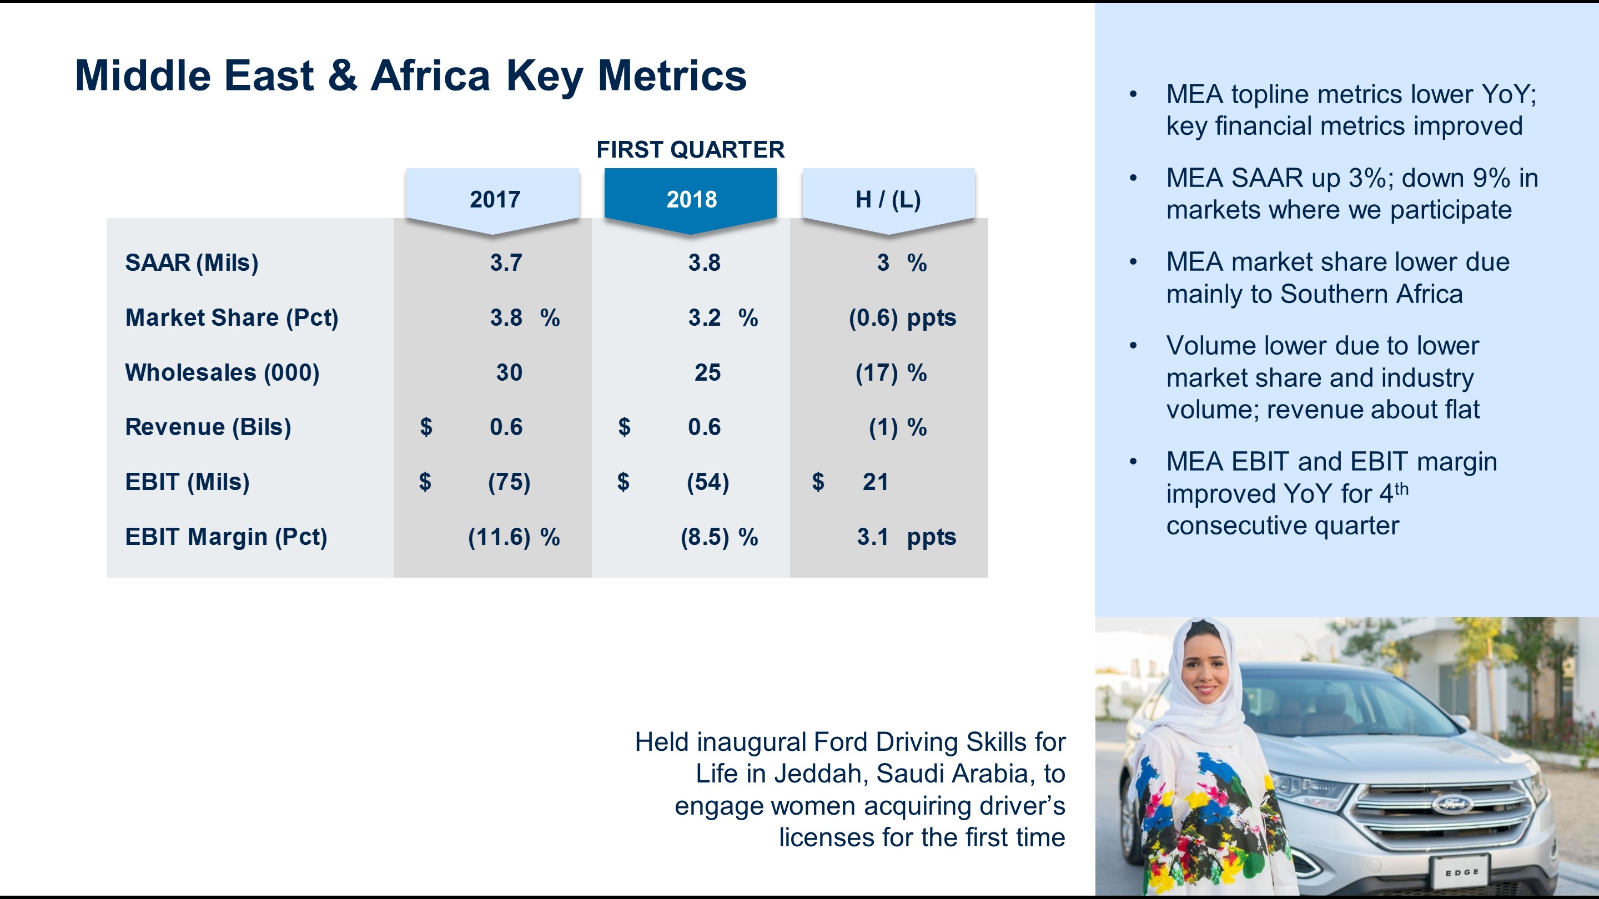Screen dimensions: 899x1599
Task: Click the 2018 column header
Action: [691, 199]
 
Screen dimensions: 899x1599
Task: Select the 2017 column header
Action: [494, 199]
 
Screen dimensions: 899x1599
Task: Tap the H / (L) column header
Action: [888, 199]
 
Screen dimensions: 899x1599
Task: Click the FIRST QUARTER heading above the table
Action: [690, 149]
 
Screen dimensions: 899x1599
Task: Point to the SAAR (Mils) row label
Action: [191, 262]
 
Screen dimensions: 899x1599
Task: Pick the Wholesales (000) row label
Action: [222, 372]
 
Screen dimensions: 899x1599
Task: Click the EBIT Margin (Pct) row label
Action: [226, 537]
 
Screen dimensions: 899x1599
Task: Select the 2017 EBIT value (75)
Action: [509, 482]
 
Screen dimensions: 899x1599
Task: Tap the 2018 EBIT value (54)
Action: [708, 482]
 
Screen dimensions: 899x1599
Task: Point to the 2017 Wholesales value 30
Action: [509, 372]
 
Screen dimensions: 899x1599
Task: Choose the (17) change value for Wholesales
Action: [877, 373]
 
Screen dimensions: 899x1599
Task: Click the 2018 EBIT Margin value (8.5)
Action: [705, 537]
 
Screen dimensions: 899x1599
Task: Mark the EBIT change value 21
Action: [875, 482]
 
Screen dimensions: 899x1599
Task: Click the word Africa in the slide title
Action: [430, 75]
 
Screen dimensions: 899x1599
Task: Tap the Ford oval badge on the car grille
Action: [1452, 805]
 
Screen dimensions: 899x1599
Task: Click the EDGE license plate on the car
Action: [1461, 872]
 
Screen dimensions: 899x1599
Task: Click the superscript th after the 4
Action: [1401, 489]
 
